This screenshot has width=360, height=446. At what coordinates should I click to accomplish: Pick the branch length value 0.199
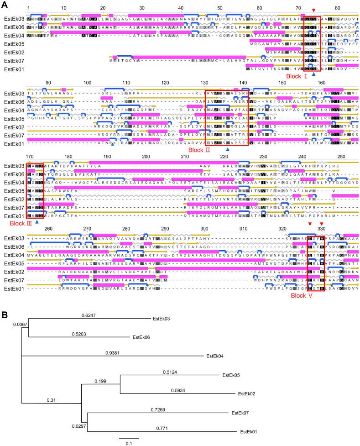click(x=100, y=381)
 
